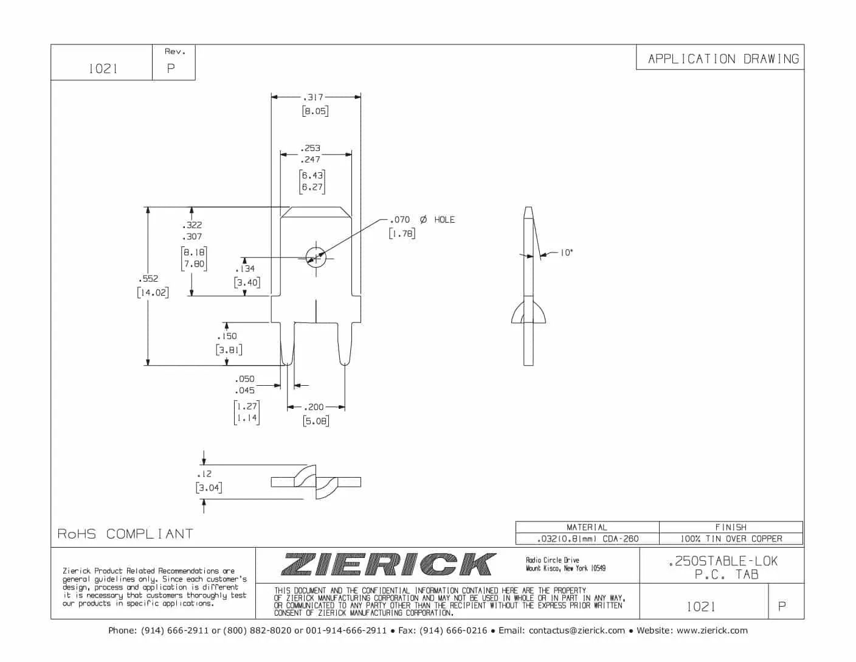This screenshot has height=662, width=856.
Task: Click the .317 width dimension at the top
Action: [x=314, y=97]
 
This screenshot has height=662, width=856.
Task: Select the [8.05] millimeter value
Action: [x=315, y=111]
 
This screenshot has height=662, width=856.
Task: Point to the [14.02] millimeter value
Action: [x=153, y=292]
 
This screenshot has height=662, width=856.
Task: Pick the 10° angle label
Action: [x=566, y=253]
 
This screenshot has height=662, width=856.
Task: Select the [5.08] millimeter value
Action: [x=316, y=420]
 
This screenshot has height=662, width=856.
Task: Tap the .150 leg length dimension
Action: [x=227, y=336]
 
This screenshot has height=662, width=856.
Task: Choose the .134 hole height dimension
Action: [x=245, y=268]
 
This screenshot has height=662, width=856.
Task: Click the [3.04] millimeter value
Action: [x=209, y=487]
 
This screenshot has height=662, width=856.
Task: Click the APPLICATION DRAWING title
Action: [x=723, y=59]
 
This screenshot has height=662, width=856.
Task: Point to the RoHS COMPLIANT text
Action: [x=125, y=534]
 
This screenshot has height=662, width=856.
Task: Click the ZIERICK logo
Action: [x=388, y=564]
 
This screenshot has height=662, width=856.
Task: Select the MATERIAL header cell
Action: [x=587, y=527]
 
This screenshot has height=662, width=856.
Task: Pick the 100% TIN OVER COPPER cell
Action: [x=731, y=538]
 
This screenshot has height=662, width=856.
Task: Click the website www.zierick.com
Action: [x=712, y=630]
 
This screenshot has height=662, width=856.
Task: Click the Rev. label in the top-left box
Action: [x=174, y=52]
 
